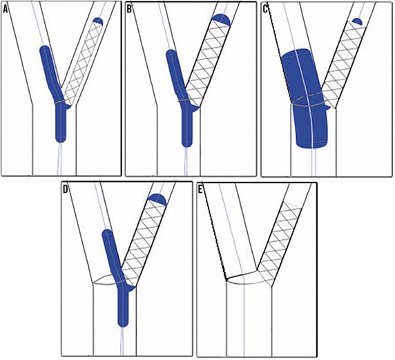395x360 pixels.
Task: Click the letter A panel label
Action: coord(6,10)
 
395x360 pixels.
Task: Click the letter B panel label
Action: coord(129,10)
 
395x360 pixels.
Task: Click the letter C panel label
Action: coord(265,10)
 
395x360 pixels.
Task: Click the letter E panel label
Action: coord(200,189)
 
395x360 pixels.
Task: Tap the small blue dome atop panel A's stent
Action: coord(98,21)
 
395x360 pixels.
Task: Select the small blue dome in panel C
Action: coord(357,21)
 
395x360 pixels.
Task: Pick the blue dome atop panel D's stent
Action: coord(157,199)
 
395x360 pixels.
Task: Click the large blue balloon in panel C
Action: coord(304,98)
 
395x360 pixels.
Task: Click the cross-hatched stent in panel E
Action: coord(280,242)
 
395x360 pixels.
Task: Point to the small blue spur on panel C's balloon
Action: coord(327,108)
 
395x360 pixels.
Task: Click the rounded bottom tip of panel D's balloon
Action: coord(123,325)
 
